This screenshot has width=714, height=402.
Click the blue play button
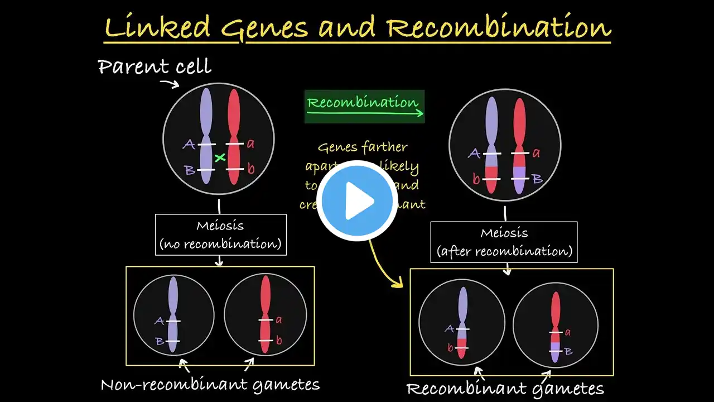point(357,201)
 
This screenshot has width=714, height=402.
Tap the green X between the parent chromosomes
point(220,158)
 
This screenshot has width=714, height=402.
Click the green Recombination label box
point(364,106)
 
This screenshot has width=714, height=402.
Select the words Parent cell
point(155,67)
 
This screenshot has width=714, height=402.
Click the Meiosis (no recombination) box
point(221,234)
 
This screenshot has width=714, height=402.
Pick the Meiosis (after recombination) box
point(504,242)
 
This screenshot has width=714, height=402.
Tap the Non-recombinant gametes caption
point(210,384)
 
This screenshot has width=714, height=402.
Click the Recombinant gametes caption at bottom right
point(505,389)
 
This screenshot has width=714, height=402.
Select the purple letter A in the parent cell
point(189,145)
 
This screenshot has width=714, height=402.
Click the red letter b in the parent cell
point(250,169)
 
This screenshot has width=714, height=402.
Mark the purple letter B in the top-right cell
point(538,179)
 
